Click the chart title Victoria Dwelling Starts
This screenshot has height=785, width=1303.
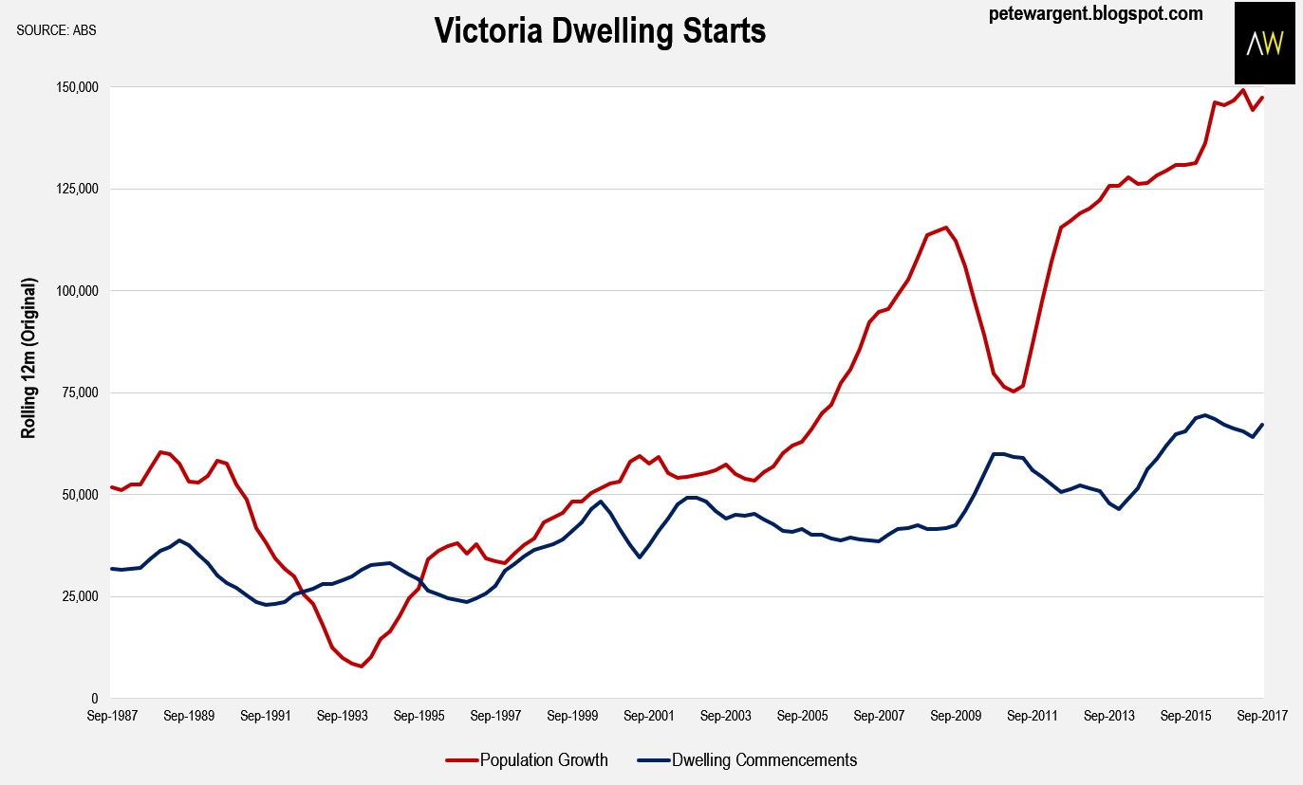coord(600,31)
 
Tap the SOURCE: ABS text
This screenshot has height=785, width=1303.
coord(56,29)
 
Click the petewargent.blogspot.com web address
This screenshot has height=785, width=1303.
coord(1095,13)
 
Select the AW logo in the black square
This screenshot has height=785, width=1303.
coord(1264,44)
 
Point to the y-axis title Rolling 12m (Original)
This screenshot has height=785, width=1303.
coord(28,358)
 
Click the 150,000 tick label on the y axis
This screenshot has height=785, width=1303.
coord(77,87)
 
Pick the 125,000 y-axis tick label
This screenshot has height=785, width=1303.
coord(77,189)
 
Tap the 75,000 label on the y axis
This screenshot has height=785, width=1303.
coord(81,392)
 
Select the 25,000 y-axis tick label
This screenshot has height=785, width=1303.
coord(81,596)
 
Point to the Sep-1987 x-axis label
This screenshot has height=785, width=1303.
coord(110,717)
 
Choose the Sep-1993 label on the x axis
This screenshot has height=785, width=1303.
coord(341,717)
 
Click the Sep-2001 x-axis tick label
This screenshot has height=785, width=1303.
coord(648,717)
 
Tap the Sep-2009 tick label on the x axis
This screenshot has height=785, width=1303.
coord(956,717)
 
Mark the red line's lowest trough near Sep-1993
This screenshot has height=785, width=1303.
coord(362,666)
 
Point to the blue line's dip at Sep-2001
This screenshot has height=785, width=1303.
coord(640,557)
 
